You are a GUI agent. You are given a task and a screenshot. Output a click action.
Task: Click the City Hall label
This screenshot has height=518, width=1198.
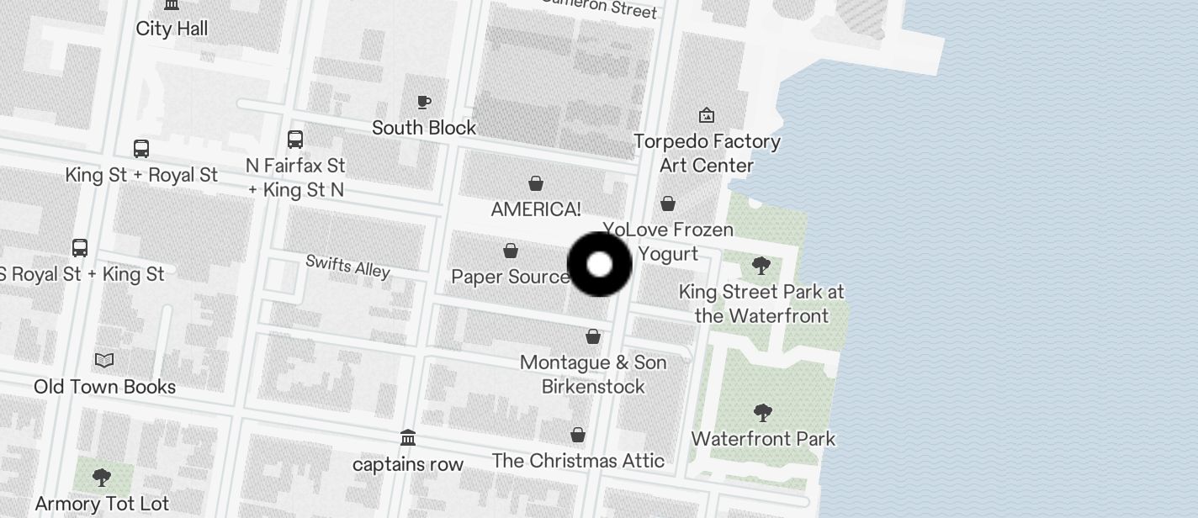click(x=172, y=29)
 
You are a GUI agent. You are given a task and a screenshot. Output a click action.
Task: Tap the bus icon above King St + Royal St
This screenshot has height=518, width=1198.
click(x=141, y=149)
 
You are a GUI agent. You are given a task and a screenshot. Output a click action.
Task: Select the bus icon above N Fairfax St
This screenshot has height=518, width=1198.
click(x=295, y=140)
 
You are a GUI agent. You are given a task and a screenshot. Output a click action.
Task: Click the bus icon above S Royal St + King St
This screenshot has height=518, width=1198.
click(x=80, y=248)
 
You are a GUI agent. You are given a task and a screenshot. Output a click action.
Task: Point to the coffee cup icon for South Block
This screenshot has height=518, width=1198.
click(x=424, y=102)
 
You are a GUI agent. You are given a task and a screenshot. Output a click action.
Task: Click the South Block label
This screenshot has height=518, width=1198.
click(x=424, y=128)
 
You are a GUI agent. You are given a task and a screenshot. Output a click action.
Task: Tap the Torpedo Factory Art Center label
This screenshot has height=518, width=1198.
click(x=707, y=153)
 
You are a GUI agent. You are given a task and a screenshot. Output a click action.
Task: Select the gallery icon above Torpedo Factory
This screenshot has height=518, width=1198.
click(x=707, y=115)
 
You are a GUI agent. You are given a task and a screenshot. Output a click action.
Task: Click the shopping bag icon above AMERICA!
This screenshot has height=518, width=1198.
click(x=536, y=183)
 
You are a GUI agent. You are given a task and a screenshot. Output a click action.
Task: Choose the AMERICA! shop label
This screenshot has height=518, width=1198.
click(x=536, y=209)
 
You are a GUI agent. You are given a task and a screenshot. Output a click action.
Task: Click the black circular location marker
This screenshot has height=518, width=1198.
click(x=599, y=264)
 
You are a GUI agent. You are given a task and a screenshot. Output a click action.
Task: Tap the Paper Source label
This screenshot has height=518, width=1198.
click(x=511, y=277)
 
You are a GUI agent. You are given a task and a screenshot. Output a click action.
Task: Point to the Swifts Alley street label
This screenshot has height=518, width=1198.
click(x=347, y=266)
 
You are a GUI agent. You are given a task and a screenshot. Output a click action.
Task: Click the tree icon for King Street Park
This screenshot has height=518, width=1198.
click(x=761, y=267)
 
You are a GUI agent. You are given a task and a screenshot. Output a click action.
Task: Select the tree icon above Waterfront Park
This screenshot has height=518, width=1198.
click(x=763, y=413)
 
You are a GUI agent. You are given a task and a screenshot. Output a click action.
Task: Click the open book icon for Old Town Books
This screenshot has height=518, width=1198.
click(x=104, y=361)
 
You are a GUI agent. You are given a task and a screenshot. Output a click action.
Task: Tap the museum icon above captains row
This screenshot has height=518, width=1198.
click(x=408, y=438)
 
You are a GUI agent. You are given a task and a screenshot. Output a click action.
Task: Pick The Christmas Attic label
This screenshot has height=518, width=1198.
click(x=578, y=461)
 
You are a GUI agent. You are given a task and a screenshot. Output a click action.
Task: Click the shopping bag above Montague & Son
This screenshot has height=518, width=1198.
click(x=593, y=336)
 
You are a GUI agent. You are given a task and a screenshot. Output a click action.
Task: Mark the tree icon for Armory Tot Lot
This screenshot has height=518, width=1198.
click(x=102, y=478)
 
